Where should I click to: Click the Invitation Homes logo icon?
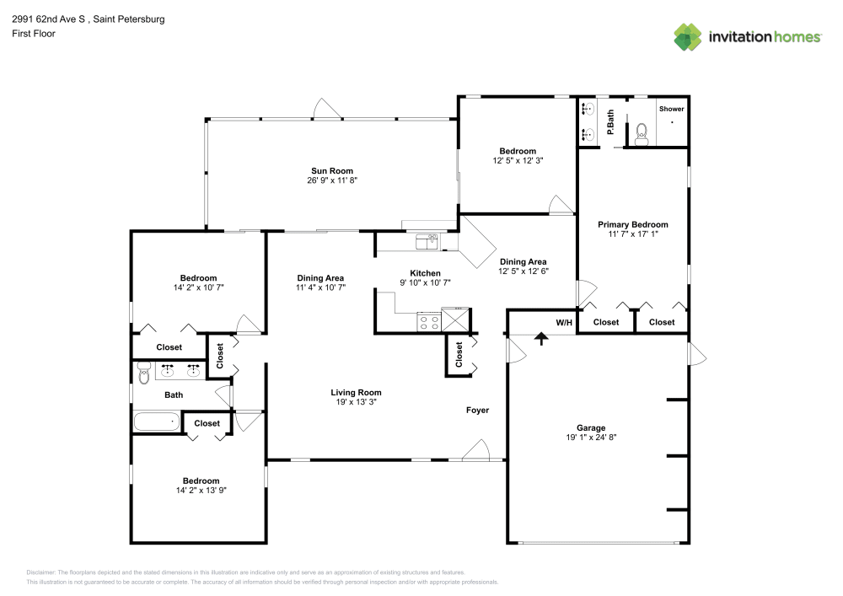[687, 37]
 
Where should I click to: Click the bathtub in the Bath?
[158, 421]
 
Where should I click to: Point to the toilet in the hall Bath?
[143, 372]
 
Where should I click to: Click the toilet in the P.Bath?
[641, 134]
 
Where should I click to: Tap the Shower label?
[672, 109]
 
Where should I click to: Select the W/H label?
[564, 322]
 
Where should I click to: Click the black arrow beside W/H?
[540, 337]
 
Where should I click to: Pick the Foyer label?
[478, 411]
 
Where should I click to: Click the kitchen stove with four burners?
[428, 321]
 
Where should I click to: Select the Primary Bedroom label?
[632, 224]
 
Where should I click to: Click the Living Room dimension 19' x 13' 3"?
[355, 402]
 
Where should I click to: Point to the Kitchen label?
[425, 273]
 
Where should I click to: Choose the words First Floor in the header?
[33, 34]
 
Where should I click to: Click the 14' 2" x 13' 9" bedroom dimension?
[198, 491]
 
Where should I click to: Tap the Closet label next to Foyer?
[459, 354]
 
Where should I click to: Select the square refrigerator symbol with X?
[455, 321]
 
